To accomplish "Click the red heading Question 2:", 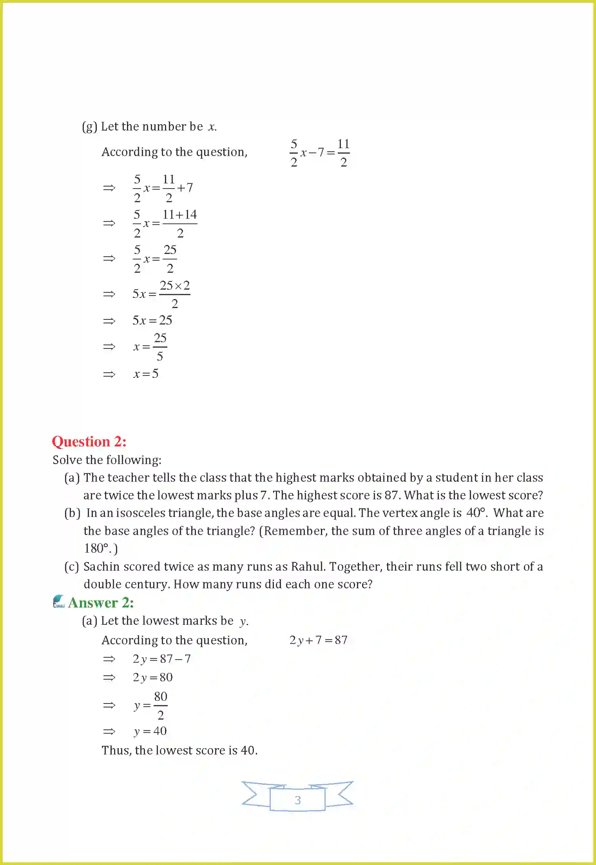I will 89,442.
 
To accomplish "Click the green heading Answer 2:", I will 101,603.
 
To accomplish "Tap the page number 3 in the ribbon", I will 298,800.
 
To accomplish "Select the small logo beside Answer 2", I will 59,602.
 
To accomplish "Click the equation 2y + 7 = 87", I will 318,640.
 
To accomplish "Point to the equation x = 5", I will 146,374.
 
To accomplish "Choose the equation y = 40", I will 150,731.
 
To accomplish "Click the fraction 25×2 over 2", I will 175,294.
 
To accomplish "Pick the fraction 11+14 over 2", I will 180,223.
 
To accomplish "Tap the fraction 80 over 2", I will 161,705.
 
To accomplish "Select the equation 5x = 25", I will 152,321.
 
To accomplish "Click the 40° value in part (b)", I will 476,513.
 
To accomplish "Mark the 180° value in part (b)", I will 96,548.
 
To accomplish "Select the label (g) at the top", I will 89,127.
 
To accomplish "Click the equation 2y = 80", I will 152,677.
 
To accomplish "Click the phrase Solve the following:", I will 107,460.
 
